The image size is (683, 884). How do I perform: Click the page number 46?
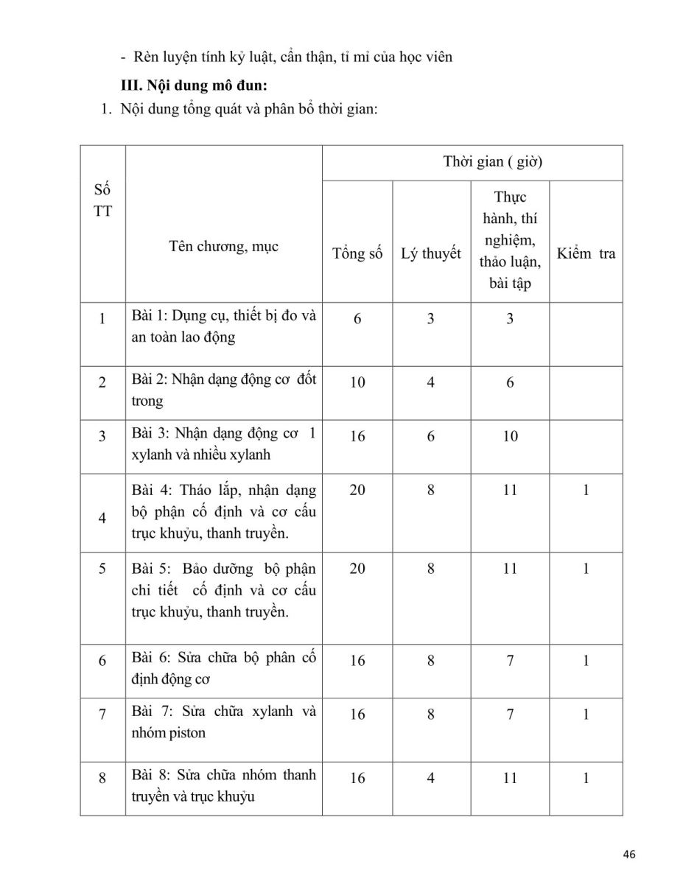pyautogui.click(x=628, y=854)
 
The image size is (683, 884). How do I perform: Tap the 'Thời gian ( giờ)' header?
pyautogui.click(x=492, y=162)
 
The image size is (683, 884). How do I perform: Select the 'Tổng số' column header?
pyautogui.click(x=357, y=253)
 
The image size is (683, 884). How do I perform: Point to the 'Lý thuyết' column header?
pyautogui.click(x=431, y=253)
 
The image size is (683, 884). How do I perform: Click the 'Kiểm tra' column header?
pyautogui.click(x=586, y=253)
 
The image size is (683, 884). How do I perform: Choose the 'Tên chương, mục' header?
pyautogui.click(x=223, y=246)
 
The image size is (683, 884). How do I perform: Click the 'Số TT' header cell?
pyautogui.click(x=103, y=200)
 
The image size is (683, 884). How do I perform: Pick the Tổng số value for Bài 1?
pyautogui.click(x=357, y=318)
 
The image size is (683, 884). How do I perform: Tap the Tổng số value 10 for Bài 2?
pyautogui.click(x=357, y=382)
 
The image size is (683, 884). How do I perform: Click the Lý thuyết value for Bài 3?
pyautogui.click(x=431, y=436)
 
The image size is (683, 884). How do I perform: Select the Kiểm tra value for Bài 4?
pyautogui.click(x=586, y=490)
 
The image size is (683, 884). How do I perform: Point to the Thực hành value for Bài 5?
pyautogui.click(x=510, y=569)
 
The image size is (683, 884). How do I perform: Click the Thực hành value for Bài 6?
pyautogui.click(x=510, y=661)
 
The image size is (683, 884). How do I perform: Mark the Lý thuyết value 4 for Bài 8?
pyautogui.click(x=431, y=778)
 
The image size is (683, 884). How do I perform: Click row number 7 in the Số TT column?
pyautogui.click(x=102, y=714)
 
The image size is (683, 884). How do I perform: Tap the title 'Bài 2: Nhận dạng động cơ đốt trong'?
pyautogui.click(x=223, y=390)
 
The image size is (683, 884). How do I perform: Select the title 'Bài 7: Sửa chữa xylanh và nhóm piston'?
pyautogui.click(x=223, y=722)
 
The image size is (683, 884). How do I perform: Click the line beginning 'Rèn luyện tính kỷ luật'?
pyautogui.click(x=293, y=57)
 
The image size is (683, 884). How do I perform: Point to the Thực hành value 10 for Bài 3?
pyautogui.click(x=510, y=436)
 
